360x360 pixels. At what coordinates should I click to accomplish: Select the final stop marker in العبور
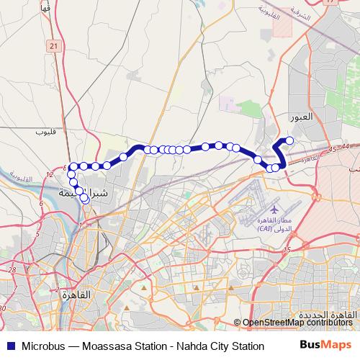(290, 140)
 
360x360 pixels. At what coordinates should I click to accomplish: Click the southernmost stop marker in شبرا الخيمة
(85, 199)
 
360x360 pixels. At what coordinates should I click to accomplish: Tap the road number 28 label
(13, 269)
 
